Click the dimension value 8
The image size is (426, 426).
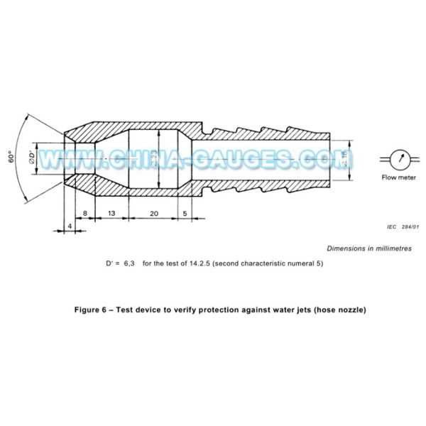[x=84, y=212]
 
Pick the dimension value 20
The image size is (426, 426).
[x=154, y=212]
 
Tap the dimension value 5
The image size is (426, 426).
[x=185, y=212]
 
